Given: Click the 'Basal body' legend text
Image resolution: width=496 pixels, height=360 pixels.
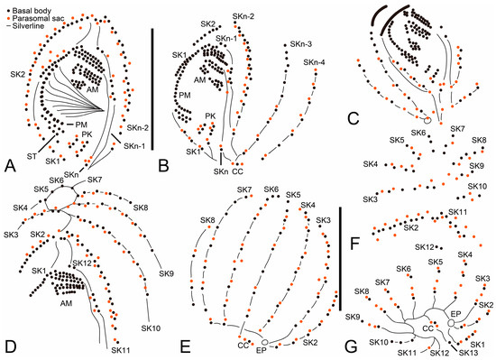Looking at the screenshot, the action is click(x=32, y=11).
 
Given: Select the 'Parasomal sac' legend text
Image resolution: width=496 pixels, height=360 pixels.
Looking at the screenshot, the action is click(x=38, y=18).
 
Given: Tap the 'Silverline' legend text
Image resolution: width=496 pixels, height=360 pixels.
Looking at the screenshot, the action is click(x=29, y=25).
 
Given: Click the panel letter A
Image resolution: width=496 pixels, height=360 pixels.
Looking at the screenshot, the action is click(x=10, y=165).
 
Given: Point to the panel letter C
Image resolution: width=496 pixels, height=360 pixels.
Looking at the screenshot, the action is click(x=353, y=118).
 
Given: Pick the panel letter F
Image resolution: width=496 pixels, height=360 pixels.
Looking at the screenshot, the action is click(x=357, y=245).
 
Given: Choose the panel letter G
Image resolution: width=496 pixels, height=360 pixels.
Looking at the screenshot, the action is click(x=351, y=346).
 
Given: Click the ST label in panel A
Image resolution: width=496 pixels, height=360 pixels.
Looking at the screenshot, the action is click(x=32, y=156).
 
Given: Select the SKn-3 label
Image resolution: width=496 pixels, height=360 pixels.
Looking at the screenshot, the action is click(x=301, y=44).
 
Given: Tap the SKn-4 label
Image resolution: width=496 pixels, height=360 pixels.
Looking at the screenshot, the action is click(x=314, y=62).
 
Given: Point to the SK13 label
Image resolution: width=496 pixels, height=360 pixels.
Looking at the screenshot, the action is click(x=468, y=352).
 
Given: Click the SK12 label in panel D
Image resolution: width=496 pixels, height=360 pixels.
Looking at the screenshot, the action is click(x=81, y=263).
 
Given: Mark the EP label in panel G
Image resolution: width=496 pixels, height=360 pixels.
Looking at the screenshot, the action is click(x=455, y=313).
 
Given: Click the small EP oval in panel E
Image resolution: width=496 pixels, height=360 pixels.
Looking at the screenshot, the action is click(x=265, y=342).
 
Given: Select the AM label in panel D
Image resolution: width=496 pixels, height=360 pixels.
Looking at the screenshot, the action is click(x=66, y=303).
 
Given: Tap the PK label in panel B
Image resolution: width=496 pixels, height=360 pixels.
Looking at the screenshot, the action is click(x=210, y=116).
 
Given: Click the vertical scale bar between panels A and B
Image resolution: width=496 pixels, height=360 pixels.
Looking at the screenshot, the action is click(x=152, y=89).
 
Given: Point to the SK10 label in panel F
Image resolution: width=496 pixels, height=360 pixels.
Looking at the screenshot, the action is click(x=477, y=186).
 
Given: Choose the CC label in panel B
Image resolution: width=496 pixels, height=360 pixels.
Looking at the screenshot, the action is click(x=238, y=171).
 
